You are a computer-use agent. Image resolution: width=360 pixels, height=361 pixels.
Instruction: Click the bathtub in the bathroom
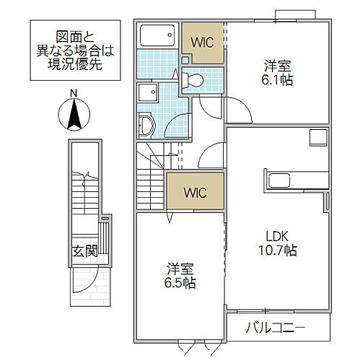coord(157,36)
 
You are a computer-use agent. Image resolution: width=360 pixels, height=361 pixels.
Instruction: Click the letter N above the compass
coord(73,92)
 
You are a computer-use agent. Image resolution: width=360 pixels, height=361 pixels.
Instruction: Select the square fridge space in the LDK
coord(318,136)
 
